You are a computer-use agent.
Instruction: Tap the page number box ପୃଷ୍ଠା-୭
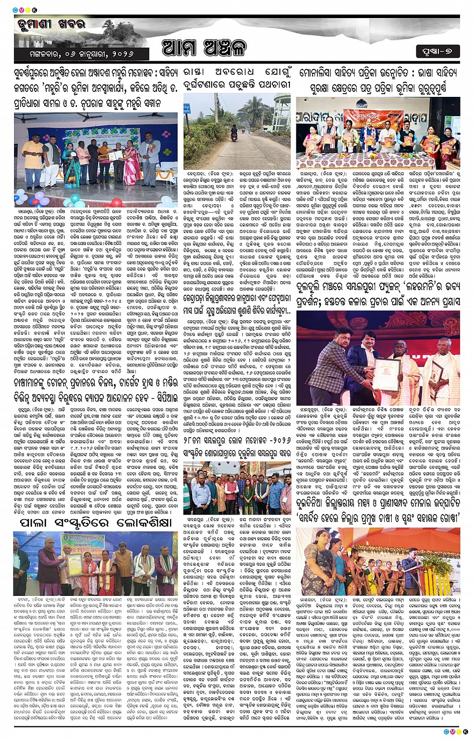[x=437, y=51]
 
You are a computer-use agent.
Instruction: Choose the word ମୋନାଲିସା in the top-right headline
[x=321, y=73]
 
